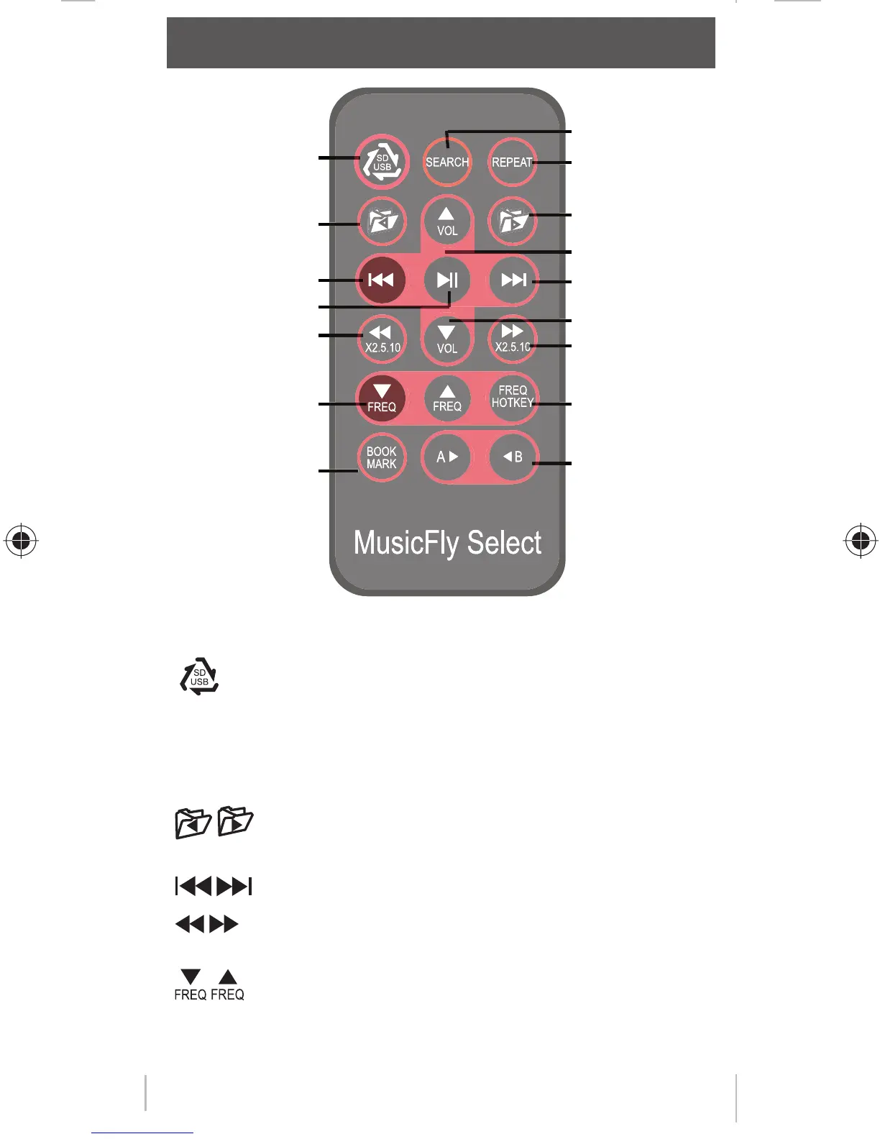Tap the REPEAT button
[512, 163]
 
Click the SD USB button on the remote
[382, 162]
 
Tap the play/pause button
[447, 280]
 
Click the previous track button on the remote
[381, 280]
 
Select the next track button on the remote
[513, 280]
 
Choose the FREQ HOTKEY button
[513, 397]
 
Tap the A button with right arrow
[446, 457]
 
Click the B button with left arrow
[513, 457]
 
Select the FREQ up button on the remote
[447, 398]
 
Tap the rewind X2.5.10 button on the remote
[382, 339]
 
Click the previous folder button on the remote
[382, 221]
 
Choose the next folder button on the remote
[513, 221]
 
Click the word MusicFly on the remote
[406, 543]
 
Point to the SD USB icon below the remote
[199, 677]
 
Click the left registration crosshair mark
[21, 539]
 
